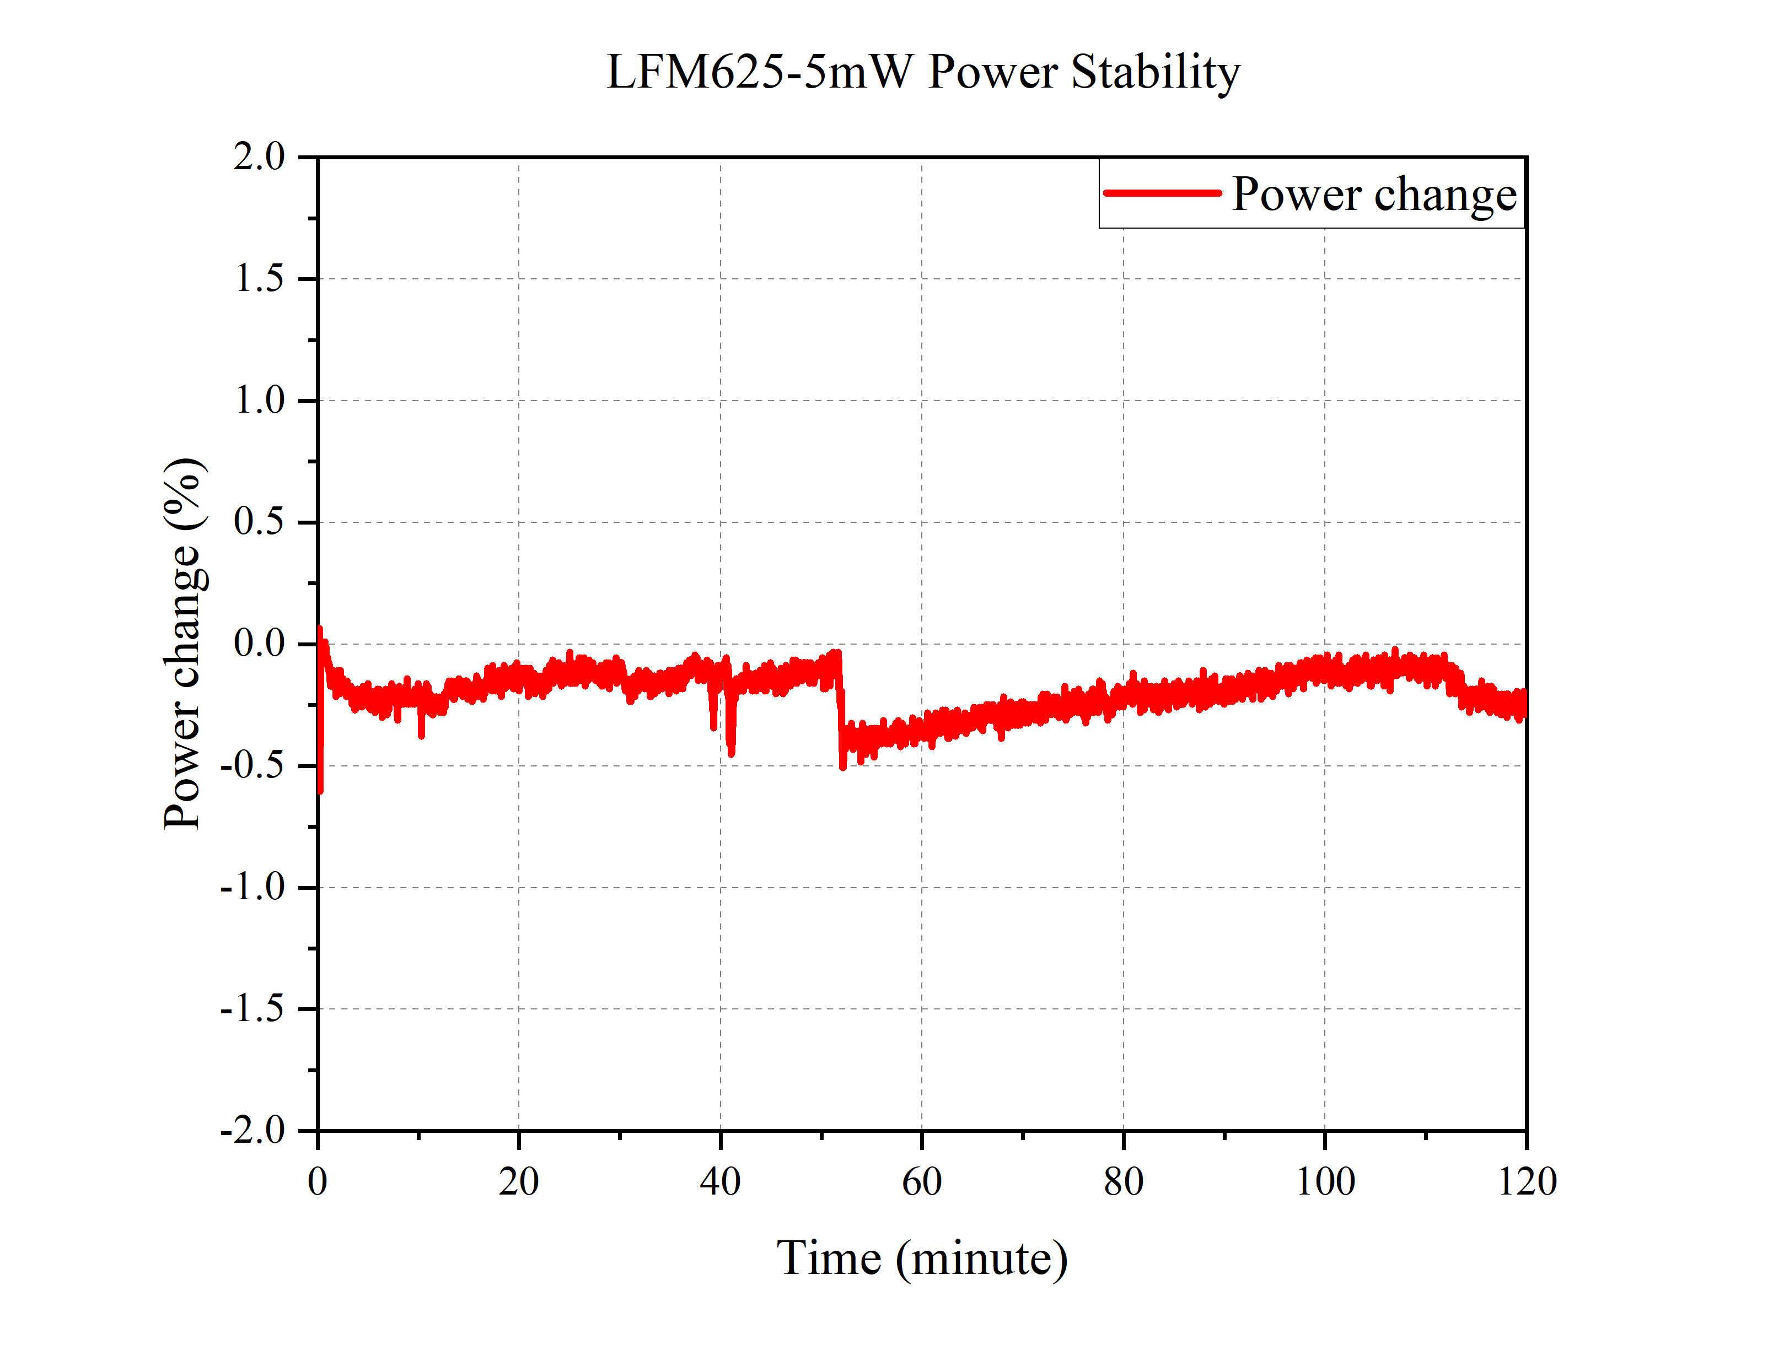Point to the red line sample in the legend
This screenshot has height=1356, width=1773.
[1162, 193]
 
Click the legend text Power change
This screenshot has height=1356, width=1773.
[1374, 195]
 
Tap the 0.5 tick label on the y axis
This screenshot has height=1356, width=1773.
[259, 522]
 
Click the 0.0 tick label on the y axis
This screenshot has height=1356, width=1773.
[259, 644]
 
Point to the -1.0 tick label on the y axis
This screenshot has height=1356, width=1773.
[252, 888]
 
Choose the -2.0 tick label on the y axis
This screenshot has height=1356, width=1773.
[252, 1131]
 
